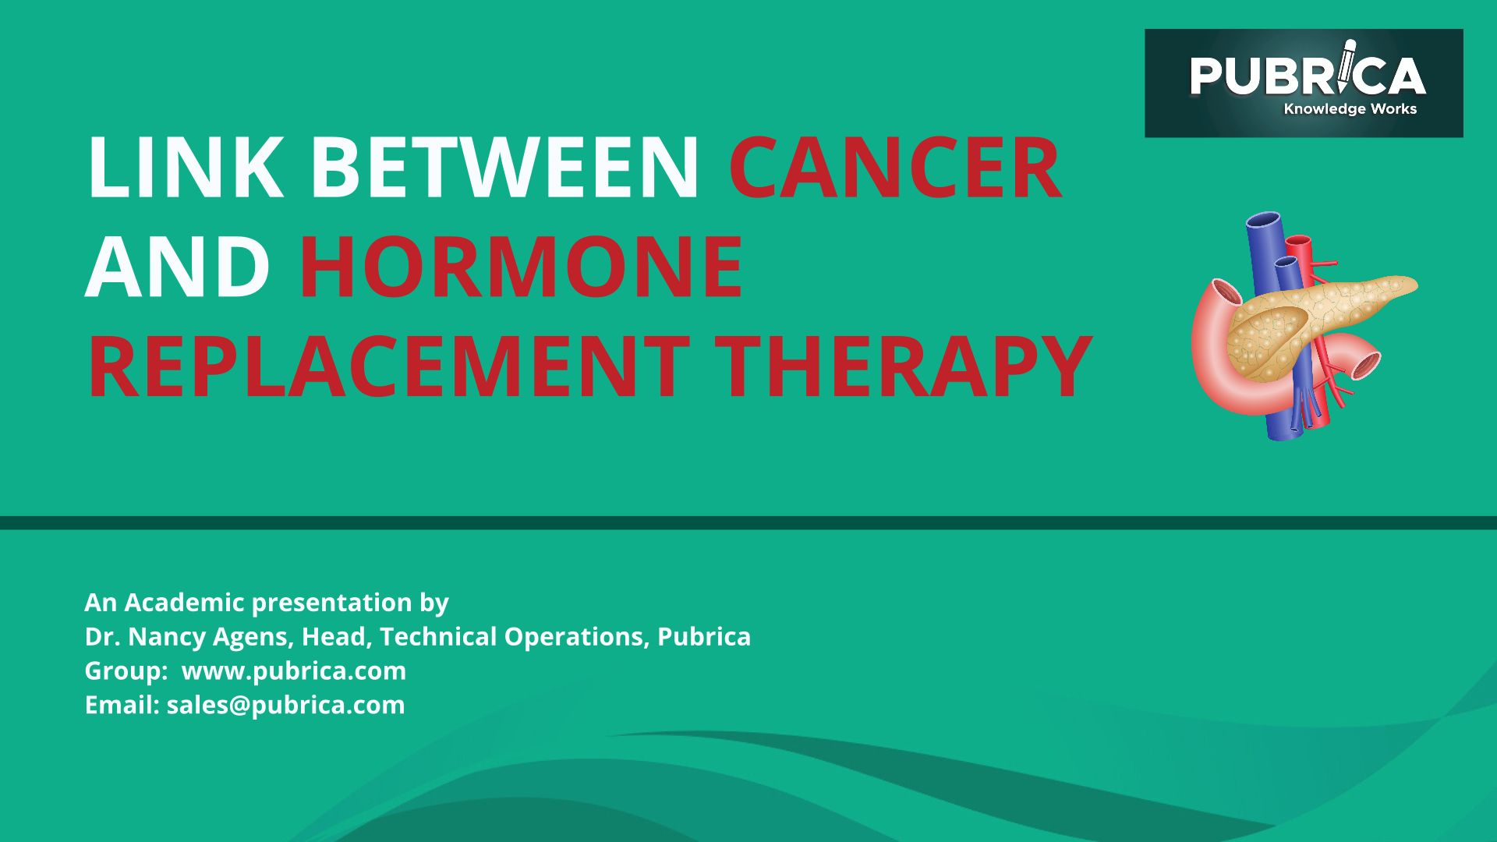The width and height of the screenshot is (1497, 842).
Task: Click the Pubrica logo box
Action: [x=1304, y=83]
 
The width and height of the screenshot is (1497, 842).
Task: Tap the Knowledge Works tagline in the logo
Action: [x=1350, y=109]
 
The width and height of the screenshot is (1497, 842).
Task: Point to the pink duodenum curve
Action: [x=1216, y=351]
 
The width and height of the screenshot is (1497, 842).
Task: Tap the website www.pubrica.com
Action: [x=294, y=671]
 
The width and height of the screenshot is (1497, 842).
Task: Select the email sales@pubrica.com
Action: [x=286, y=706]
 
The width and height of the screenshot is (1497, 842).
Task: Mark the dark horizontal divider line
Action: [x=748, y=522]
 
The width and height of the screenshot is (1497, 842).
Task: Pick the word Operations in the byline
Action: [x=576, y=638]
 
